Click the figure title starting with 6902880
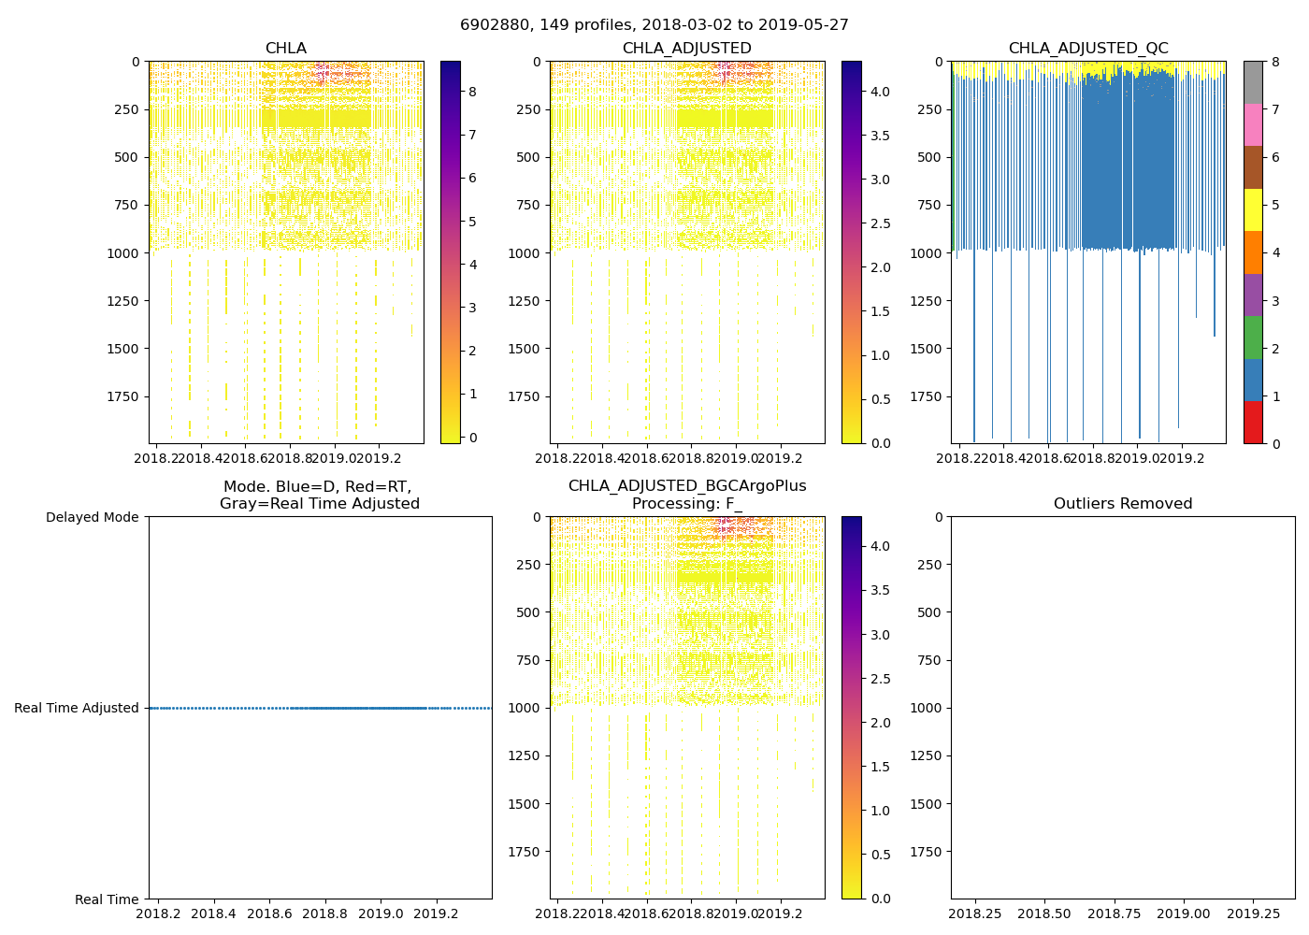point(654,25)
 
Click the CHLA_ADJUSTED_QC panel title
point(1088,49)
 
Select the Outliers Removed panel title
point(1123,504)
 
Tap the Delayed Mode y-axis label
point(92,517)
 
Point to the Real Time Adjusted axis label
point(77,709)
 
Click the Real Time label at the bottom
point(107,899)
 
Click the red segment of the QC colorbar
point(1253,422)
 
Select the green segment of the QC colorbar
point(1253,337)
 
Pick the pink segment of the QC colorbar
point(1253,124)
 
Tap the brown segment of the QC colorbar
point(1253,166)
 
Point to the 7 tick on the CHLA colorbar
point(472,135)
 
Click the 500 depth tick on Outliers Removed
point(929,612)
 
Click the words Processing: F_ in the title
point(687,504)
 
